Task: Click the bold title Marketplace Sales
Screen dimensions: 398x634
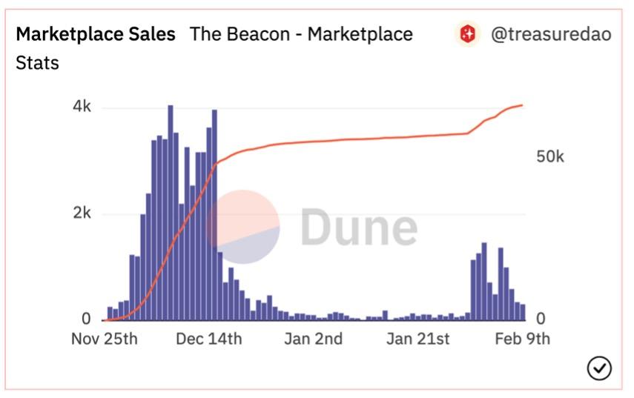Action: [x=96, y=34]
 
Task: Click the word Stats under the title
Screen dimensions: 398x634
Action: [x=37, y=62]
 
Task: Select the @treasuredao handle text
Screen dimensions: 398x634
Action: [x=551, y=34]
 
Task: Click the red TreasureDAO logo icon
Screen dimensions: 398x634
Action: [x=468, y=34]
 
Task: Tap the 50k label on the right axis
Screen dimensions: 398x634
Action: [x=549, y=157]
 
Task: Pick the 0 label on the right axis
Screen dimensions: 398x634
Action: [x=541, y=319]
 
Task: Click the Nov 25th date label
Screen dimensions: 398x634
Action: [x=105, y=339]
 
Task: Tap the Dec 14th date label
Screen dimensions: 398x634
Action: [x=208, y=339]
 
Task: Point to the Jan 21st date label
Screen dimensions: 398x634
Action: [x=418, y=339]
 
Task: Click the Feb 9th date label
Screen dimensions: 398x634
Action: [x=522, y=339]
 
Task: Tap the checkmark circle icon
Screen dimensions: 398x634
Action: [x=598, y=368]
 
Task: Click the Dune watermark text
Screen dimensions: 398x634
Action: [x=359, y=227]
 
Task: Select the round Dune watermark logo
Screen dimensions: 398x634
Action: [x=242, y=227]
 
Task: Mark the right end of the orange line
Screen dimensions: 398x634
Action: [x=523, y=105]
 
